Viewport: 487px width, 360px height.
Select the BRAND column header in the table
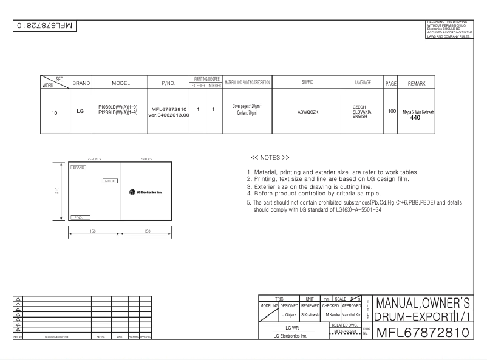click(x=81, y=82)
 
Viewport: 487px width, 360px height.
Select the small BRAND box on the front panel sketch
click(x=78, y=167)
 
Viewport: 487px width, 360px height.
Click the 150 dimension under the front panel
click(x=93, y=231)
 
